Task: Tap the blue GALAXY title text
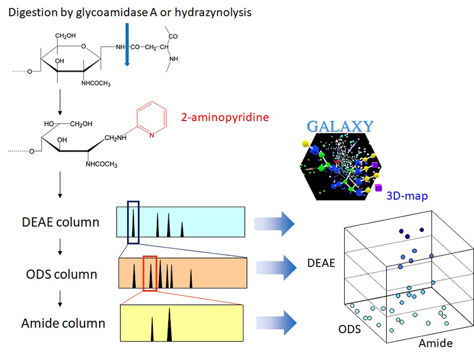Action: (340, 126)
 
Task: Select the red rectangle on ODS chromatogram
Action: (150, 273)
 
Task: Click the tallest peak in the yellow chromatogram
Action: (169, 325)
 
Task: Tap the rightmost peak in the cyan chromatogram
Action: (182, 228)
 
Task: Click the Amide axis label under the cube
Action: (435, 343)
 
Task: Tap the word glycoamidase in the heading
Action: (96, 11)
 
